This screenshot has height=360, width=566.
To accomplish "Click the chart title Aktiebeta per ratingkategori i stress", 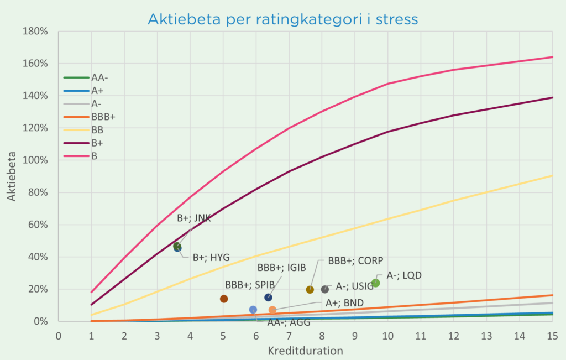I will pyautogui.click(x=282, y=19).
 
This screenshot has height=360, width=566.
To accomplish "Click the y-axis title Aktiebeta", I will pyautogui.click(x=12, y=176).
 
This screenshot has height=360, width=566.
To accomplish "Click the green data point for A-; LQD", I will pyautogui.click(x=376, y=283).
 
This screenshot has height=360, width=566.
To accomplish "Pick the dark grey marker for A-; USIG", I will pyautogui.click(x=325, y=289).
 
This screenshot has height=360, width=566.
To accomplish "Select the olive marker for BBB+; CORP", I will pyautogui.click(x=310, y=289).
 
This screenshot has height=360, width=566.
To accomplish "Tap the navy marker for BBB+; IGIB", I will pyautogui.click(x=268, y=298).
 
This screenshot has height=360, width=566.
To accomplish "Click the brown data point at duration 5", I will pyautogui.click(x=224, y=299).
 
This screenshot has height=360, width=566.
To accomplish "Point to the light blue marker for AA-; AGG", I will pyautogui.click(x=253, y=310).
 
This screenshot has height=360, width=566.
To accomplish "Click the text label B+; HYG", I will pyautogui.click(x=211, y=257).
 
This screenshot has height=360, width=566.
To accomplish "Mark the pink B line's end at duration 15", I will pyautogui.click(x=552, y=57).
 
